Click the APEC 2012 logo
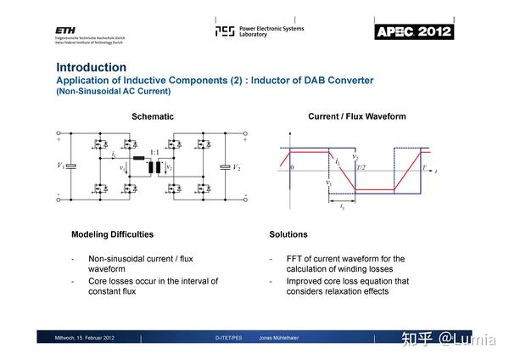coord(414,32)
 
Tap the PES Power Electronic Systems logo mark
coord(224,31)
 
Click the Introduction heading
coord(91,67)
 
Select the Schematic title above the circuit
coord(153,116)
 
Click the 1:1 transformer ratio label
coord(154,153)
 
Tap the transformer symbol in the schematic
coord(154,167)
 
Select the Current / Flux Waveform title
coord(356,116)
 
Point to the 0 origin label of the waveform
coord(291,168)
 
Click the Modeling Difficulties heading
coord(112,234)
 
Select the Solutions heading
coord(288,234)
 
